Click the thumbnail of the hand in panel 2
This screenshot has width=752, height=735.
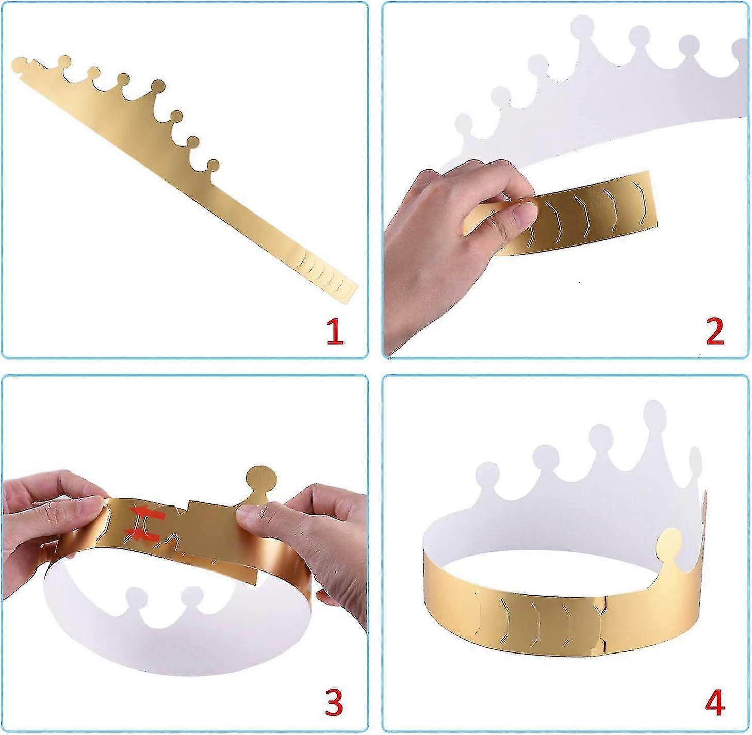[524, 213]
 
